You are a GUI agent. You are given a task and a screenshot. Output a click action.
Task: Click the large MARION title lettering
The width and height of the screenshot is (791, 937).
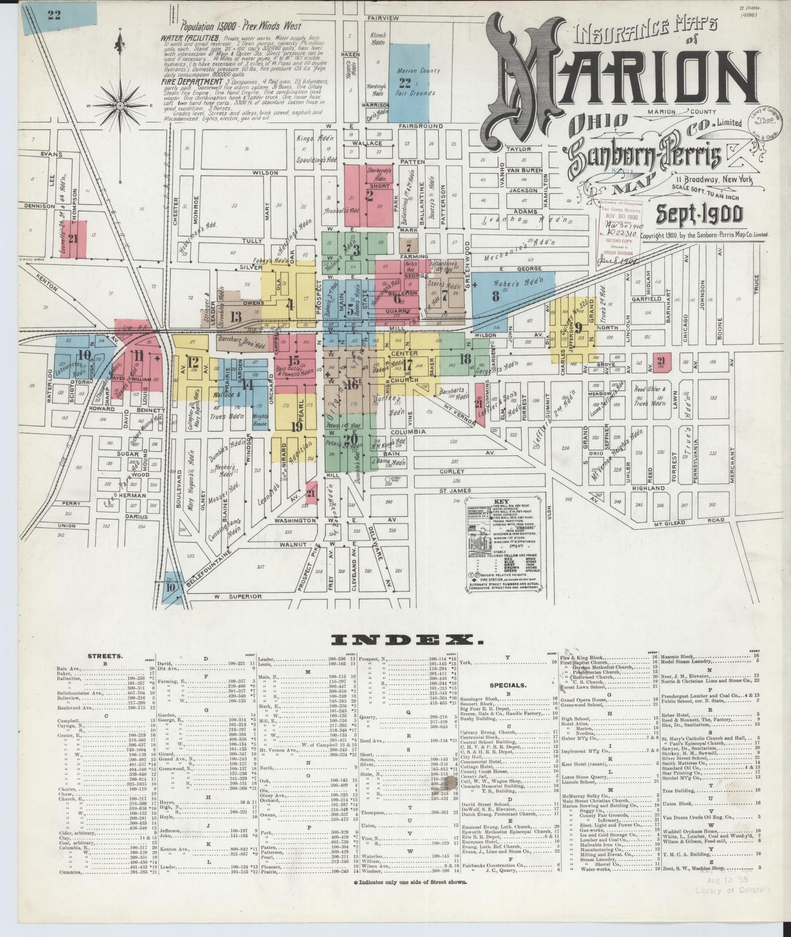(x=619, y=77)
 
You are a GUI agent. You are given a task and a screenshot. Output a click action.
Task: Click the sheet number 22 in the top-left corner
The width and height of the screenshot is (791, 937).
(x=54, y=14)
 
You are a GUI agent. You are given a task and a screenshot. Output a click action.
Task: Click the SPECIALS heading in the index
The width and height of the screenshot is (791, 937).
(x=508, y=685)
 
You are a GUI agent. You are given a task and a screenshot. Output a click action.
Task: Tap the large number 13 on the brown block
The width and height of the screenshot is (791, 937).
(x=236, y=317)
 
